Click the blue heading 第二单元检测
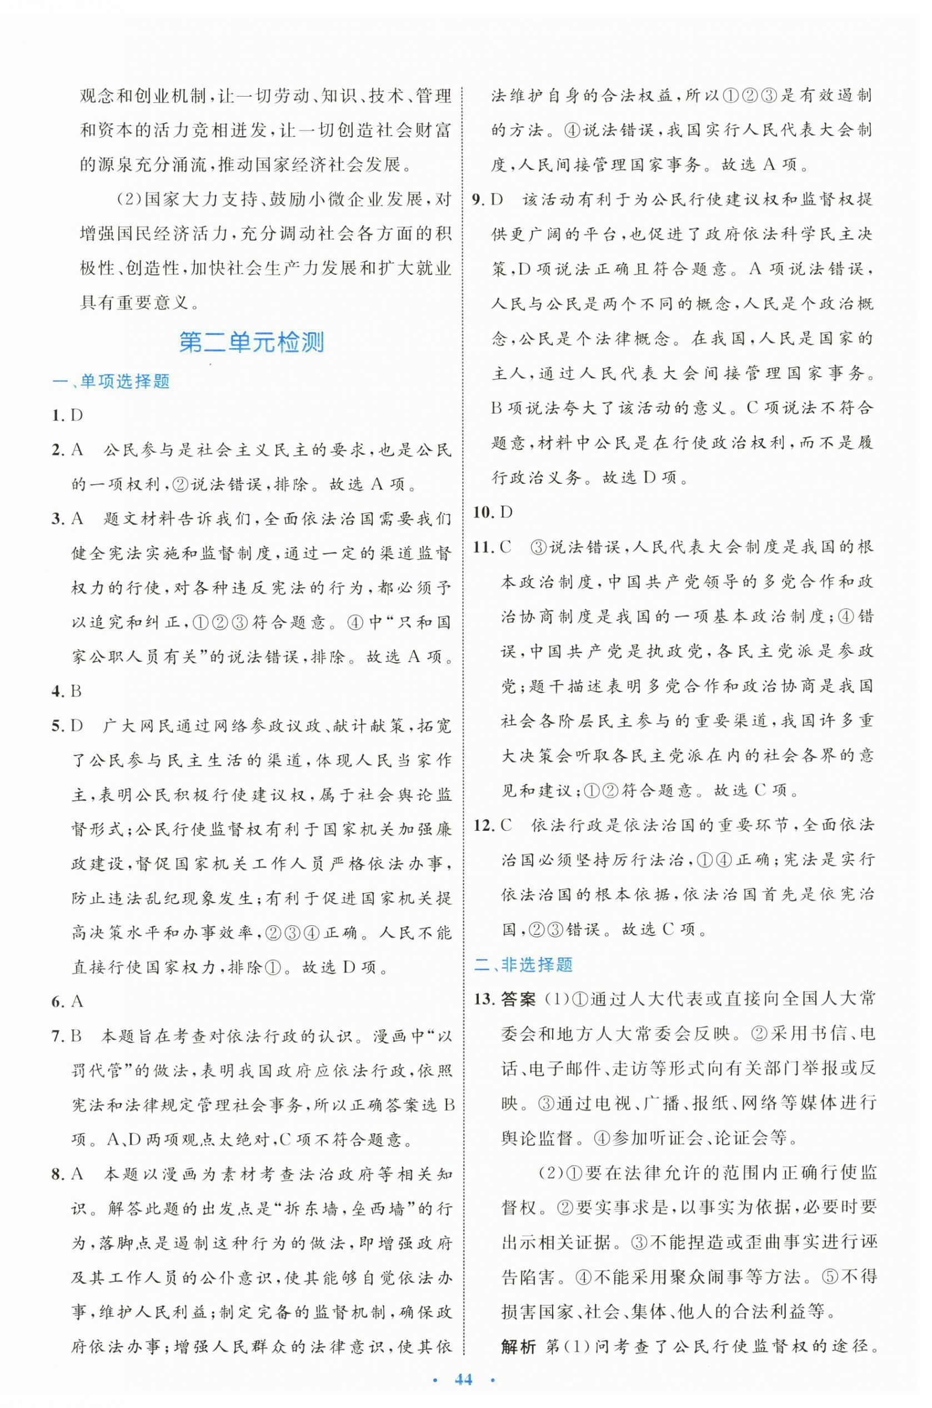pyautogui.click(x=252, y=343)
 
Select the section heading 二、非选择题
pyautogui.click(x=523, y=964)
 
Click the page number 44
pyautogui.click(x=463, y=1380)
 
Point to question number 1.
pyautogui.click(x=58, y=415)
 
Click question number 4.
pyautogui.click(x=58, y=691)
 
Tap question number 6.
pyautogui.click(x=58, y=1002)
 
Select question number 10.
pyautogui.click(x=484, y=512)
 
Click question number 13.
pyautogui.click(x=484, y=999)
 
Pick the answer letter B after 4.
pyautogui.click(x=76, y=691)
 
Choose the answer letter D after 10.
pyautogui.click(x=507, y=512)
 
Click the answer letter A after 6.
pyautogui.click(x=77, y=1002)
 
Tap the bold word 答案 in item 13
pyautogui.click(x=518, y=999)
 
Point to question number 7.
pyautogui.click(x=58, y=1036)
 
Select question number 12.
pyautogui.click(x=484, y=825)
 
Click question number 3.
pyautogui.click(x=58, y=519)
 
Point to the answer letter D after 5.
pyautogui.click(x=77, y=726)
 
